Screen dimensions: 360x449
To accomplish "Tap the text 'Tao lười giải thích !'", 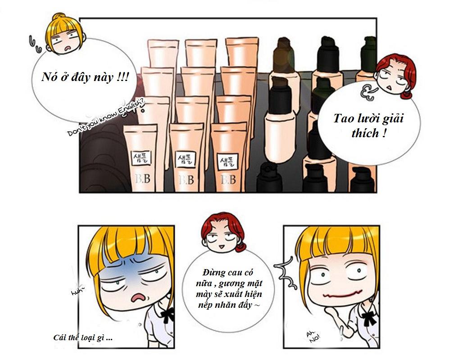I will (x=368, y=126).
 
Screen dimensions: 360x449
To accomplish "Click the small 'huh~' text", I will (x=77, y=292).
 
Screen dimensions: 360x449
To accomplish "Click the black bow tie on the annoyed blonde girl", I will (x=168, y=314).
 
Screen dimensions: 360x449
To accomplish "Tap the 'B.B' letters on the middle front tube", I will (x=186, y=180).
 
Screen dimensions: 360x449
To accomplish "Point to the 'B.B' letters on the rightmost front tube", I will (x=228, y=180).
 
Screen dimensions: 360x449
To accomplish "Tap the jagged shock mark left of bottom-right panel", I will (x=285, y=272).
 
